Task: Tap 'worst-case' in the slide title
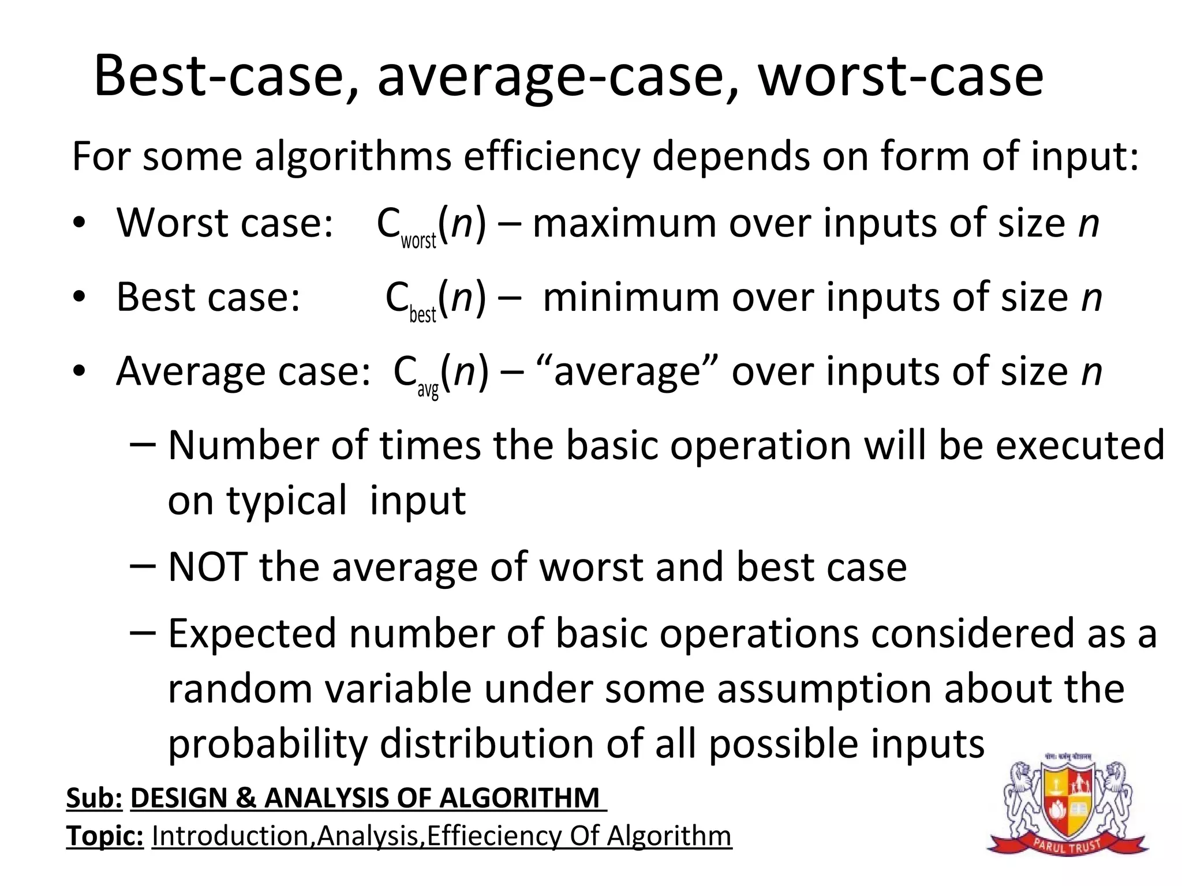point(900,76)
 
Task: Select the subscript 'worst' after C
point(418,240)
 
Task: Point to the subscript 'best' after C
point(422,314)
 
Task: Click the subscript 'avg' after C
point(428,391)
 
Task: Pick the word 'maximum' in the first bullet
point(624,223)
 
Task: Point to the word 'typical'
point(287,501)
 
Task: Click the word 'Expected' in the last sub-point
point(252,633)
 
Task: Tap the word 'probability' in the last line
point(267,744)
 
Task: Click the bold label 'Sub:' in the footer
point(94,798)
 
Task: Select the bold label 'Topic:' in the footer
point(104,836)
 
